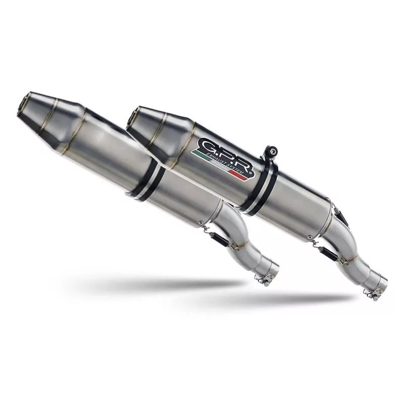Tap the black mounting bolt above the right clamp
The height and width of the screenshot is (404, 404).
pos(272,150)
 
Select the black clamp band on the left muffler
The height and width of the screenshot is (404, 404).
pos(149,182)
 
